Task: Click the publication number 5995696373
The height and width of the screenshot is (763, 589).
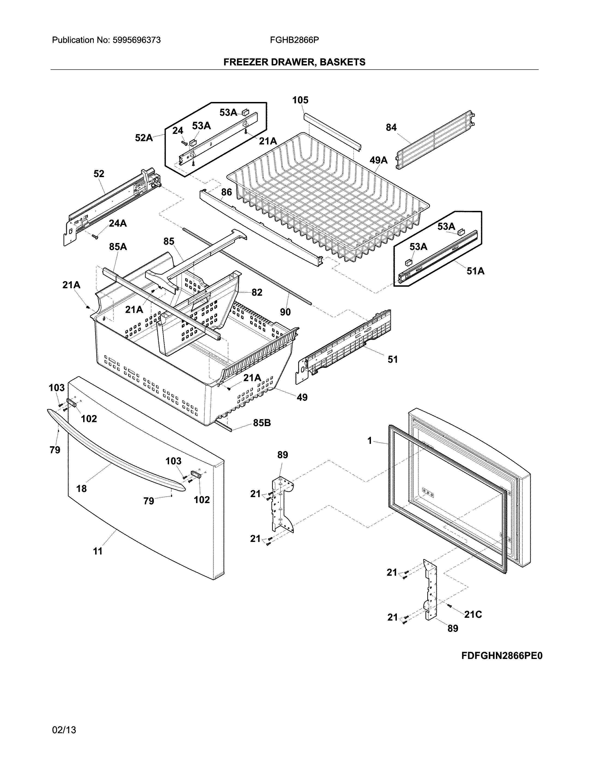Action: pos(137,40)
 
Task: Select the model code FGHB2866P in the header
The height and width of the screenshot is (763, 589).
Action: pos(294,40)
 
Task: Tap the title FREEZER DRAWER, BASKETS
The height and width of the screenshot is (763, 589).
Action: pos(294,62)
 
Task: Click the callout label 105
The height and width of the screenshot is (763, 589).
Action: pos(300,100)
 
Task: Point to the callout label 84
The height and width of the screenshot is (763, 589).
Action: pos(391,128)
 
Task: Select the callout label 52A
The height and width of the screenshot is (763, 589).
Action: pos(144,138)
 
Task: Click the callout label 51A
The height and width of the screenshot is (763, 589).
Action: pos(475,271)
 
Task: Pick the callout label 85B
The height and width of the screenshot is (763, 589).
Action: pos(262,423)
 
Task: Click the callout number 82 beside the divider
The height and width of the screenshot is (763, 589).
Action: pos(257,292)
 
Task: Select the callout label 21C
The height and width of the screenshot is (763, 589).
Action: pos(473,615)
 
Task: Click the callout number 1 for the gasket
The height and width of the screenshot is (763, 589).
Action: pos(370,441)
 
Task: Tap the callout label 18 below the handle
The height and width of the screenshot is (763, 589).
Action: pos(81,488)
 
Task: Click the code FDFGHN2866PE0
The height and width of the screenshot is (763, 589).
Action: pos(502,656)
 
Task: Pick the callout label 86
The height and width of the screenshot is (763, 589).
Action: pos(226,192)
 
